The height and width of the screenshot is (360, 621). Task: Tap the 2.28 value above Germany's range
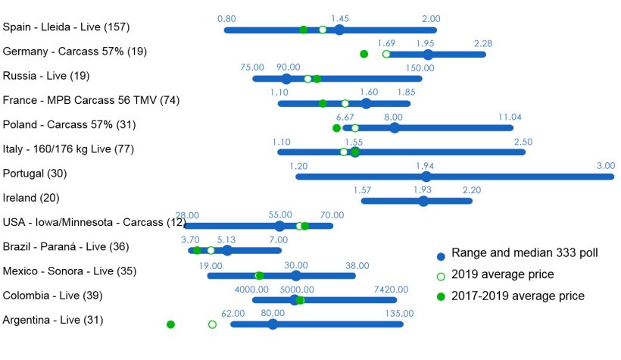point(483,43)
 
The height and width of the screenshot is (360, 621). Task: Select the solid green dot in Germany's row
point(364,54)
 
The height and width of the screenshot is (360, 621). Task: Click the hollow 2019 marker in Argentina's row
point(212,324)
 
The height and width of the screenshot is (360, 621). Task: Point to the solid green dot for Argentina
point(170,324)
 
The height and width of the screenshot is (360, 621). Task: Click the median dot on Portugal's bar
point(426,177)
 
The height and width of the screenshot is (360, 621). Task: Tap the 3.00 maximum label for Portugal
point(606,166)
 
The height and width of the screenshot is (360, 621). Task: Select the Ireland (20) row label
point(31,198)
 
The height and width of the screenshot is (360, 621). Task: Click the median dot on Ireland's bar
point(423,201)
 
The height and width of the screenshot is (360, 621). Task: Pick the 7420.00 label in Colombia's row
point(391,290)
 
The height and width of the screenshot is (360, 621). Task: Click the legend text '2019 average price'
point(503,274)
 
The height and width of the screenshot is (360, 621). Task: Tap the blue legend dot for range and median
point(441,256)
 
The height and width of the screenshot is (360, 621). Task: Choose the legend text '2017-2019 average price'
point(518,296)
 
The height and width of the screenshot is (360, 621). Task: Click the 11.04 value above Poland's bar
point(510,117)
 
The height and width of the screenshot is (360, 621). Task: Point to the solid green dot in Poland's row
point(337,128)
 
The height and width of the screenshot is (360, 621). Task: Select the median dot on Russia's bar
point(286,79)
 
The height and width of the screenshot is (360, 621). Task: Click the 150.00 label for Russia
point(420,67)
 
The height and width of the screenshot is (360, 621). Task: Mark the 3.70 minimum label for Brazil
point(190,239)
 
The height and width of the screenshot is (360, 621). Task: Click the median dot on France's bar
point(366,104)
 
